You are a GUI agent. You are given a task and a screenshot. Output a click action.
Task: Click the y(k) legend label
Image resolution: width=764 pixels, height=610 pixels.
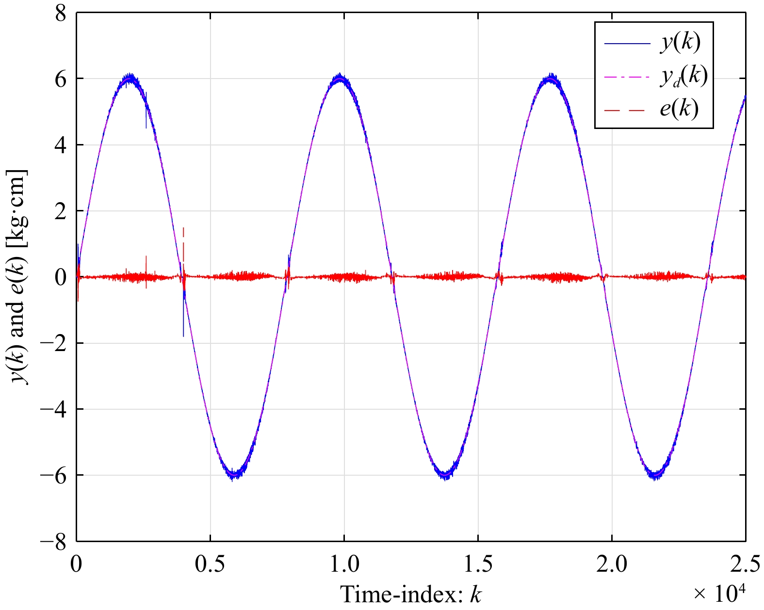680,43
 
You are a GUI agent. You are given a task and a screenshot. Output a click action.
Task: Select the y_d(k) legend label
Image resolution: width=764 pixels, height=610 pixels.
683,76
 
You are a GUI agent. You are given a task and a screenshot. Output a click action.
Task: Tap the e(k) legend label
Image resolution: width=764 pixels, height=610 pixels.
679,109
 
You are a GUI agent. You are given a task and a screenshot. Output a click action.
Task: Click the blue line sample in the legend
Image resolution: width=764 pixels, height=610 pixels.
627,44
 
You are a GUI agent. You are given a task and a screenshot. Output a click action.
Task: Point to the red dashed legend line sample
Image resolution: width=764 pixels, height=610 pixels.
627,111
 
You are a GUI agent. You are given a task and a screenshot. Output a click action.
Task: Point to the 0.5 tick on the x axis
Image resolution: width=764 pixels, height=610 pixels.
210,565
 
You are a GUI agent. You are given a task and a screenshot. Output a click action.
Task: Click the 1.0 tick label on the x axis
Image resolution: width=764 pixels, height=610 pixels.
344,565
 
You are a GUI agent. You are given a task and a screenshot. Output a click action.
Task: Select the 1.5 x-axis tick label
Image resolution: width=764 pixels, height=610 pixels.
478,565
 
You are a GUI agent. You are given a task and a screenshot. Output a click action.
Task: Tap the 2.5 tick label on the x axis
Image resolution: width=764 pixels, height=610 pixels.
745,565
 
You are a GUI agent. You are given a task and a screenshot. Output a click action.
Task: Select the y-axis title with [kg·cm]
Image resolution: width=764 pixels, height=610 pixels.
18,277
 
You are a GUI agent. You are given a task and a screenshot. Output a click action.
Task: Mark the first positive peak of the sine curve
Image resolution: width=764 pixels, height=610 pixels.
129,78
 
